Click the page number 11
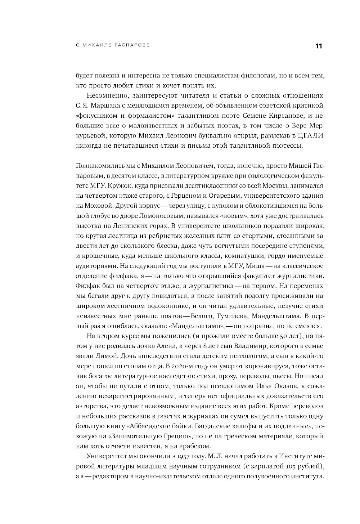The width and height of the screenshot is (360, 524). click(318, 46)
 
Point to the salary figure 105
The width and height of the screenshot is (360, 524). click(282, 466)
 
